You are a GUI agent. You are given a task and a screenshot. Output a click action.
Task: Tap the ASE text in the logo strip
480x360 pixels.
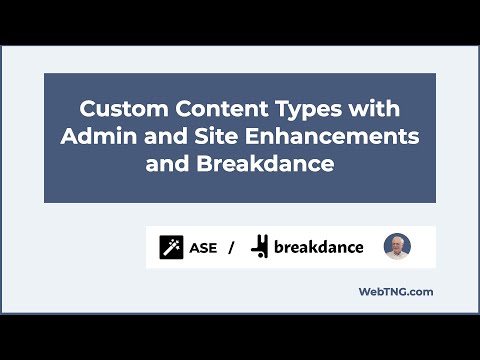[204, 246]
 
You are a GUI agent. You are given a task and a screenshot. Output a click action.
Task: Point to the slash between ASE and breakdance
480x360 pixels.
[231, 246]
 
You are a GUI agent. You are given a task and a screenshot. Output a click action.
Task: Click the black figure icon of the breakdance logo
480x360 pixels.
[260, 246]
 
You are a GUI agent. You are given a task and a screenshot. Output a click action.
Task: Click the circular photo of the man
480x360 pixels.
[397, 246]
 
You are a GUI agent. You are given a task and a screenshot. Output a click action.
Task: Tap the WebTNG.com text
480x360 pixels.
[395, 292]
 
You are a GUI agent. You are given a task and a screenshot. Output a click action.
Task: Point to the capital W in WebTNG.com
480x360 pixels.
[365, 292]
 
